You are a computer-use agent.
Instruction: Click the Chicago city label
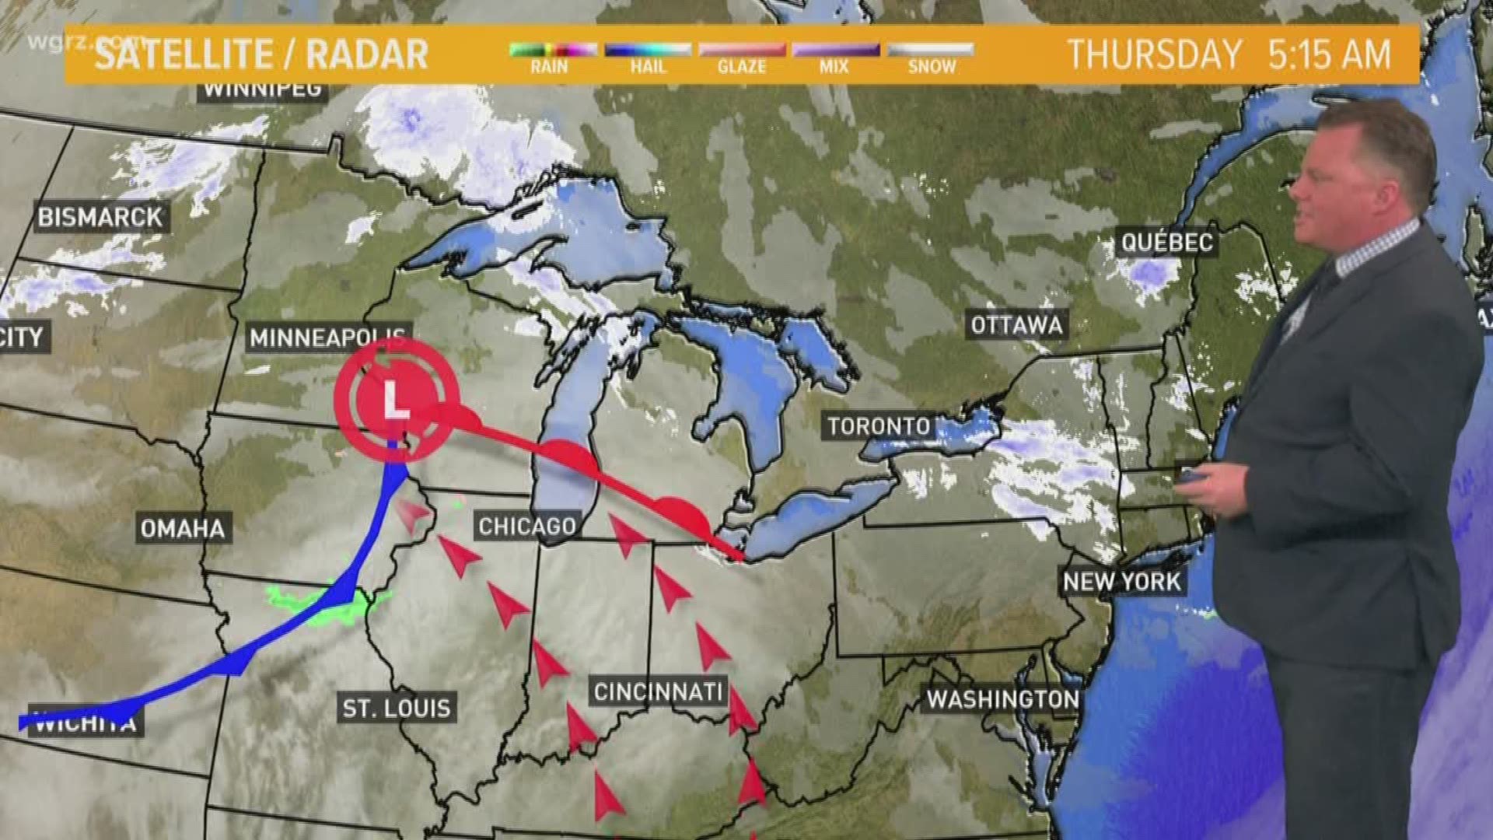527,527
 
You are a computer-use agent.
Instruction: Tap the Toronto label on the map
879,426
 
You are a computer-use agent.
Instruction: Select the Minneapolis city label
327,338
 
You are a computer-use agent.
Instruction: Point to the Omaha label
183,529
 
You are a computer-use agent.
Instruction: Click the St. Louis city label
397,708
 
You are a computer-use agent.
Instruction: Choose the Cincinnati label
658,691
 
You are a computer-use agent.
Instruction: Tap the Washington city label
1002,699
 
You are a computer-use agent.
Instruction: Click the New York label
1121,581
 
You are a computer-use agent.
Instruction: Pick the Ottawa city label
1016,324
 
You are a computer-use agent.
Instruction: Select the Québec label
1166,242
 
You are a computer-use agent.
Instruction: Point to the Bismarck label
100,217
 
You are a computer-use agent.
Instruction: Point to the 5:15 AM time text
1329,55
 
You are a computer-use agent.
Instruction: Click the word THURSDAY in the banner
1154,55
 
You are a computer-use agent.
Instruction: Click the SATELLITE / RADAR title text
261,55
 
